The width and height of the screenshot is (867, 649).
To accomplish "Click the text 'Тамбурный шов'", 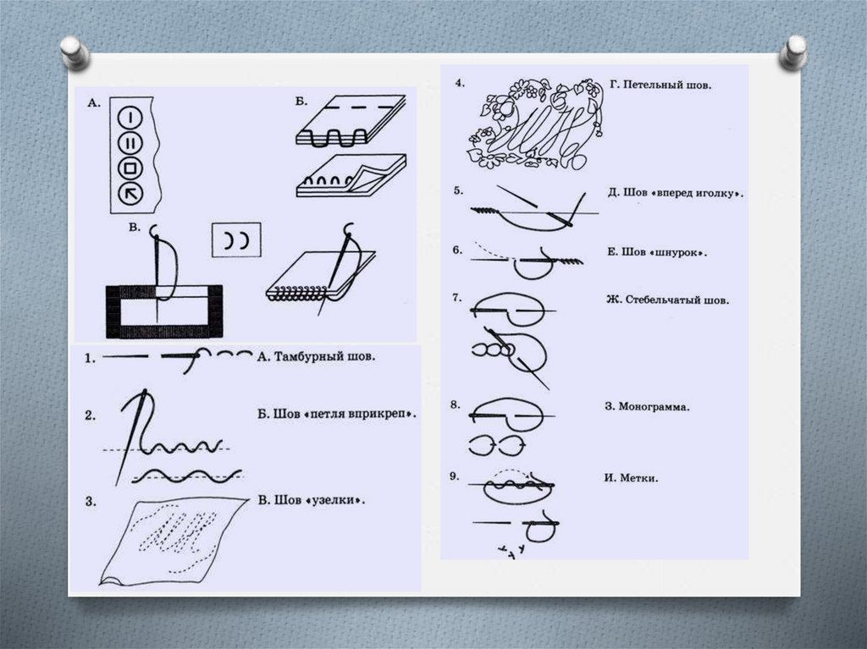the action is point(324,356).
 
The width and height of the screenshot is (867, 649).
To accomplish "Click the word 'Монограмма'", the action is point(654,407).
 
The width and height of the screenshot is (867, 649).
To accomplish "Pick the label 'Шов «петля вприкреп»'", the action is point(345,414).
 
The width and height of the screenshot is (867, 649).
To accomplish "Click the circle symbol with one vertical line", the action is point(130,118).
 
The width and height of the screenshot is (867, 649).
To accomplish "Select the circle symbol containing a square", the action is point(130,168).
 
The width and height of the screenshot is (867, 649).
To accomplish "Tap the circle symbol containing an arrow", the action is point(130,194).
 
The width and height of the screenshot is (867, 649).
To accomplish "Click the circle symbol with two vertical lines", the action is point(130,143).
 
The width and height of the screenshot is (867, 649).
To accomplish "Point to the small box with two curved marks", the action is point(236,240).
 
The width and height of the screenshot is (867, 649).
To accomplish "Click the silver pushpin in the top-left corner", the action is point(75,52).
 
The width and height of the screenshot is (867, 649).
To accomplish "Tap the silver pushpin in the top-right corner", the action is point(792,52).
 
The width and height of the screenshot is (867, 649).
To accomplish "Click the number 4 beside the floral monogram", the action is point(460,84).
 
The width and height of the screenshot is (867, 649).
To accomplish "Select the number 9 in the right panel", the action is point(454,476).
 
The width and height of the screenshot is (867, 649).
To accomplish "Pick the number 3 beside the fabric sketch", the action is point(91,502).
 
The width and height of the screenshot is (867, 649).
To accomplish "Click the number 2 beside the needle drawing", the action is point(91,415).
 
